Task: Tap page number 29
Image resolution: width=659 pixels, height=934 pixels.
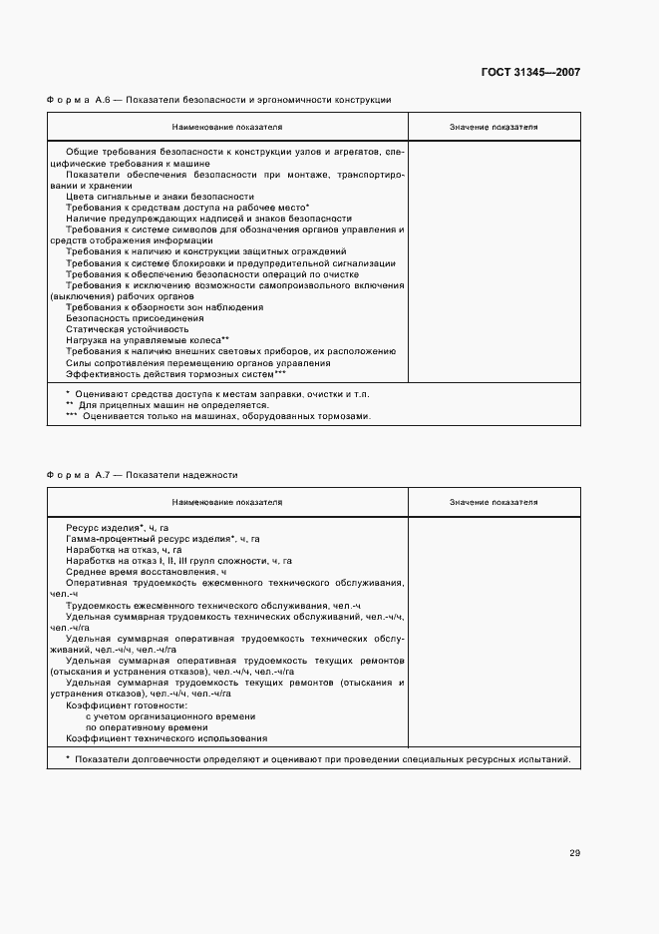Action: (x=575, y=853)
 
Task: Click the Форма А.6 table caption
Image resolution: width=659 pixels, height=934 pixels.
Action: (x=218, y=100)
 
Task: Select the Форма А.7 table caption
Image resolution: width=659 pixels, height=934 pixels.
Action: (x=142, y=475)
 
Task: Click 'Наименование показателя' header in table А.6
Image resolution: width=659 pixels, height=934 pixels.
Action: (x=227, y=128)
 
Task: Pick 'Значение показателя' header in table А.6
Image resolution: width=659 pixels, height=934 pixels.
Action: (x=494, y=128)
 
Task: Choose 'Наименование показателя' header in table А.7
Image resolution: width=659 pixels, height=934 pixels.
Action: (x=227, y=502)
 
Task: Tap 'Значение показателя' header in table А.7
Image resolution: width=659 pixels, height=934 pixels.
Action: (x=494, y=502)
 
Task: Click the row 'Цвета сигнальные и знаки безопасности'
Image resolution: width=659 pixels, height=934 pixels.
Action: (x=160, y=197)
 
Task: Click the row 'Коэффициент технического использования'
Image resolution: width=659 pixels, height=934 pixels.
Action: (x=166, y=738)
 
